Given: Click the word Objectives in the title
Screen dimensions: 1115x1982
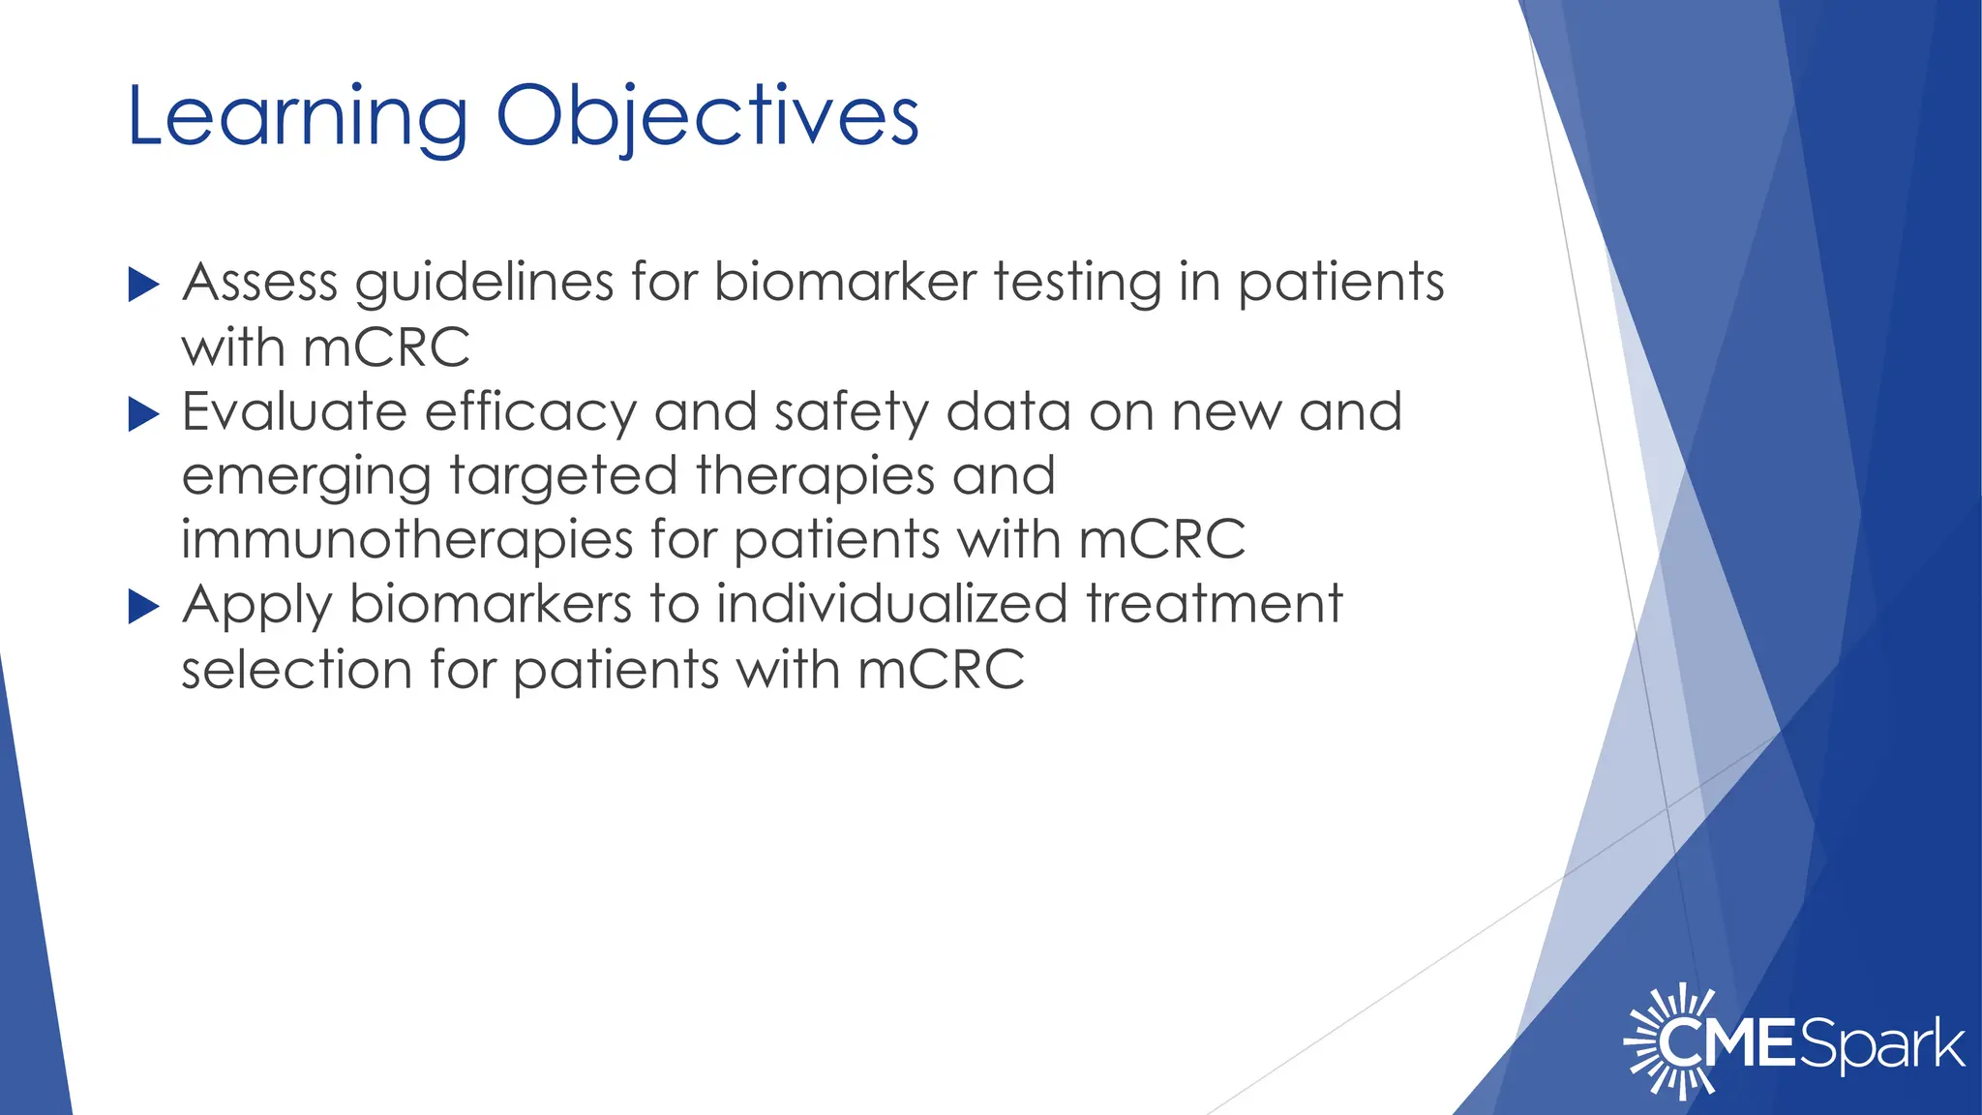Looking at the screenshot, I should (706, 118).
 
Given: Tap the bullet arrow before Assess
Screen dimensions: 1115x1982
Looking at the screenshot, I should (143, 286).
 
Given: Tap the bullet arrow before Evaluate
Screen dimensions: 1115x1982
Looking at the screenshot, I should (143, 415).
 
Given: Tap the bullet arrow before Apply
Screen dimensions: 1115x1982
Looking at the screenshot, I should (143, 607).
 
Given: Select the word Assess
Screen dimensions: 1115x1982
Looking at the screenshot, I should (260, 284).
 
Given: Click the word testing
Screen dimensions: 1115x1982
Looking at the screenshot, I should (1077, 284).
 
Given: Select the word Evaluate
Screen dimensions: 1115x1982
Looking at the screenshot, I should (294, 412).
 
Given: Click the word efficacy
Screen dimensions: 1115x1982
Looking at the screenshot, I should (530, 412).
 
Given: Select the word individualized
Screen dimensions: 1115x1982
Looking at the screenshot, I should (891, 604).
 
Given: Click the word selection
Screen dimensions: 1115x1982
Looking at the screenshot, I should (297, 669).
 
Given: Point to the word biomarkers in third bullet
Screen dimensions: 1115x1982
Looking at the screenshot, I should (490, 604).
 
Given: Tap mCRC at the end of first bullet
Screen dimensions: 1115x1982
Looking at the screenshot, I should (386, 348).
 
